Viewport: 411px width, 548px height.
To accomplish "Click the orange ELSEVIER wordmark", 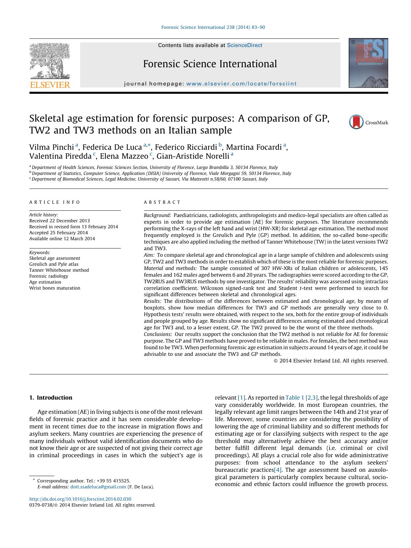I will point(50,85).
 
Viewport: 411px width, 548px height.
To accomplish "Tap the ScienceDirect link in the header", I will point(244,45).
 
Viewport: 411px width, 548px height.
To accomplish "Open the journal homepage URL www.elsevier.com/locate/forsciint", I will point(241,84).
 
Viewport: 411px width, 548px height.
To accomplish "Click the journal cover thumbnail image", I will point(368,63).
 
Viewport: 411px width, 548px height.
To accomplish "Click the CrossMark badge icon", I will point(356,122).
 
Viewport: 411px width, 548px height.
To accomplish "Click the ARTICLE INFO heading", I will point(55,202).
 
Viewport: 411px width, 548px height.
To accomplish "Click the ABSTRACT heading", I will point(162,202).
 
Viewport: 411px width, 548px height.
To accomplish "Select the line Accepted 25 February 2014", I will point(59,233).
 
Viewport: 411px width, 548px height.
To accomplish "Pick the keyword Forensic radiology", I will point(49,276).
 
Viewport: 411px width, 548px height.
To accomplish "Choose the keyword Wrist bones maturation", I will point(55,288).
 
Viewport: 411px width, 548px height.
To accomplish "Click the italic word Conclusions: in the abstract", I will point(158,334).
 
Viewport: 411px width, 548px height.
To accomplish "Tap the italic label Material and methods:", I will point(170,268).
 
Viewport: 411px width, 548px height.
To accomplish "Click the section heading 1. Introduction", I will point(51,398).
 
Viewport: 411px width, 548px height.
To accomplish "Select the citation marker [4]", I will point(278,470).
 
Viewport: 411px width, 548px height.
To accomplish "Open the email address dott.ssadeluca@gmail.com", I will point(98,487).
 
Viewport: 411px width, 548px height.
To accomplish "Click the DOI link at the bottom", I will point(80,499).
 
